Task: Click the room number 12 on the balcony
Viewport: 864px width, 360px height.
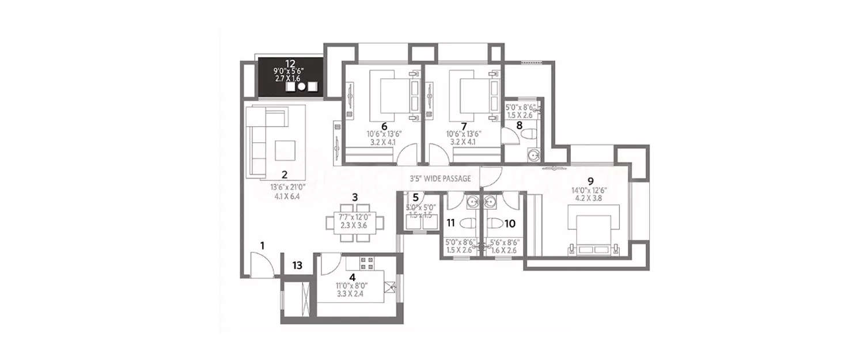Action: (x=290, y=63)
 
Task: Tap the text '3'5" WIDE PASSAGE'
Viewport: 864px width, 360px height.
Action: (x=440, y=179)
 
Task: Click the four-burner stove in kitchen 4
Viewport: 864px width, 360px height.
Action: (x=367, y=263)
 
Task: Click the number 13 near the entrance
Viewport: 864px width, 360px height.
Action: (x=297, y=266)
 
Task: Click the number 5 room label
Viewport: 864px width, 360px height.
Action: (x=415, y=197)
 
